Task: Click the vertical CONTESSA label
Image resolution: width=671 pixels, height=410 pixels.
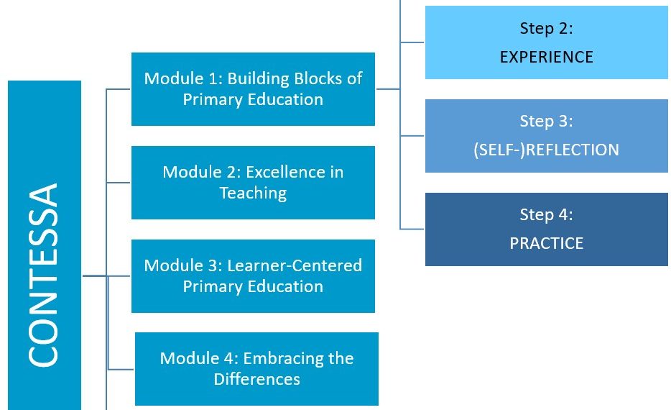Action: point(43,275)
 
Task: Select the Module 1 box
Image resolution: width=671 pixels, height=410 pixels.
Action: point(253,89)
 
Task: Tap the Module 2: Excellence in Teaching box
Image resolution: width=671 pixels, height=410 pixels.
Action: point(253,183)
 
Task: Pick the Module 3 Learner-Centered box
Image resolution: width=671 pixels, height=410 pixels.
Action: point(253,276)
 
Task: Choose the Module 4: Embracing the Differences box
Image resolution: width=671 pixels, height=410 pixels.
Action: point(256,369)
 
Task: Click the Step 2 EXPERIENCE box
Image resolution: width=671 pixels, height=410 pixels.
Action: point(547,42)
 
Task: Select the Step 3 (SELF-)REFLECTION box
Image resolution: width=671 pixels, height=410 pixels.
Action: point(547,136)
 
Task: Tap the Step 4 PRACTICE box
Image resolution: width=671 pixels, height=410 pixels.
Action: point(547,229)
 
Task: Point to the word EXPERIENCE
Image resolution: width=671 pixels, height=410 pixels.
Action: point(547,57)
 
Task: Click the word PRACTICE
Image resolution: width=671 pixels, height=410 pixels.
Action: point(547,243)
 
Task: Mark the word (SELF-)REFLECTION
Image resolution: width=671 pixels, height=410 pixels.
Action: point(547,150)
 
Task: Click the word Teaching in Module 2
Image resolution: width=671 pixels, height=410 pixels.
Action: point(253,193)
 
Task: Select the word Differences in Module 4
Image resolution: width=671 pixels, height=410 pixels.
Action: point(256,379)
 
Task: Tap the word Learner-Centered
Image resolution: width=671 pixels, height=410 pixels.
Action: point(295,265)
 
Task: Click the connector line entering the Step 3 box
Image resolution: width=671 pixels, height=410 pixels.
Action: point(412,136)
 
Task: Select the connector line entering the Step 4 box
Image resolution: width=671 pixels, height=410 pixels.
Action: point(412,229)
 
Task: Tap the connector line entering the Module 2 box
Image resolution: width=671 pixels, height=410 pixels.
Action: point(119,183)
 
